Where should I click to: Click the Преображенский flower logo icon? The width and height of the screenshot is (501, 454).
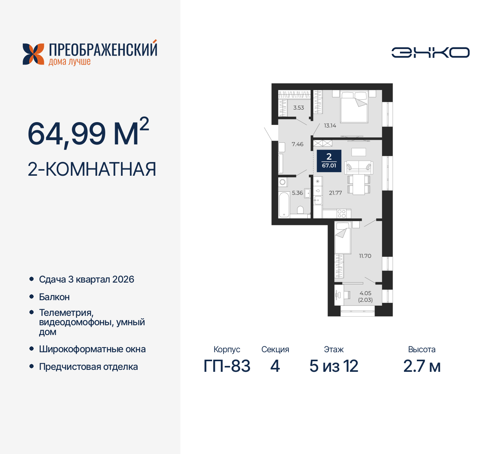pos(33,54)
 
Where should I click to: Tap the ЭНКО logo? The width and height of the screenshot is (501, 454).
pos(431,52)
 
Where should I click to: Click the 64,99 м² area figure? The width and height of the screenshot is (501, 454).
pos(88,133)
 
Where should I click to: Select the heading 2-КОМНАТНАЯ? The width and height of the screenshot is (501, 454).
pos(92,169)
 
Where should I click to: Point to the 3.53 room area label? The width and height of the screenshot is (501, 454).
pos(299,108)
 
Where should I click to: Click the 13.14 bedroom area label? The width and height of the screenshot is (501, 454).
pos(330,126)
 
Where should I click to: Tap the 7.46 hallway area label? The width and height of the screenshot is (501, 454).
pos(297,144)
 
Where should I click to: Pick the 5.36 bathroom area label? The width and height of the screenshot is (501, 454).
pos(297,193)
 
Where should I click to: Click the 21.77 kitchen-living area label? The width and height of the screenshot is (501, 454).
pos(335,193)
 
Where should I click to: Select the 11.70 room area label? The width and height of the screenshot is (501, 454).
pos(365,256)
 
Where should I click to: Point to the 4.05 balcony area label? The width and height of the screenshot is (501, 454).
pos(365,293)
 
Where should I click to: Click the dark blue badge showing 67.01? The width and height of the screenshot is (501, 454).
pos(329,161)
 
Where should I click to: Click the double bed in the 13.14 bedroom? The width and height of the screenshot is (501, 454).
pos(354,106)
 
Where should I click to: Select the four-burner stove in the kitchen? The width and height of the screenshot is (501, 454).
pos(342,214)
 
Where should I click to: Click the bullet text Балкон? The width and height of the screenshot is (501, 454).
pos(54,297)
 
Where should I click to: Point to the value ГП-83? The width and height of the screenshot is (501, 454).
pos(227,366)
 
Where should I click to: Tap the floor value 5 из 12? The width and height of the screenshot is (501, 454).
pos(334,366)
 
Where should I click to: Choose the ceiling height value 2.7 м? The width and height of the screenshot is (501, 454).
pos(422,366)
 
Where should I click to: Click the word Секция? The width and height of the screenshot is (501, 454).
pos(275,350)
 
